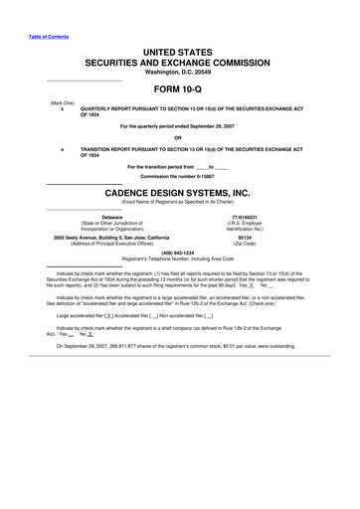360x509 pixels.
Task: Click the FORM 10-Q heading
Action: click(180, 90)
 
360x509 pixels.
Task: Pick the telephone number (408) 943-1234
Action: click(179, 253)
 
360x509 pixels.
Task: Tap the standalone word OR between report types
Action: click(179, 138)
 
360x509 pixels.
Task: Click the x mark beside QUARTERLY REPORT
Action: click(63, 110)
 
